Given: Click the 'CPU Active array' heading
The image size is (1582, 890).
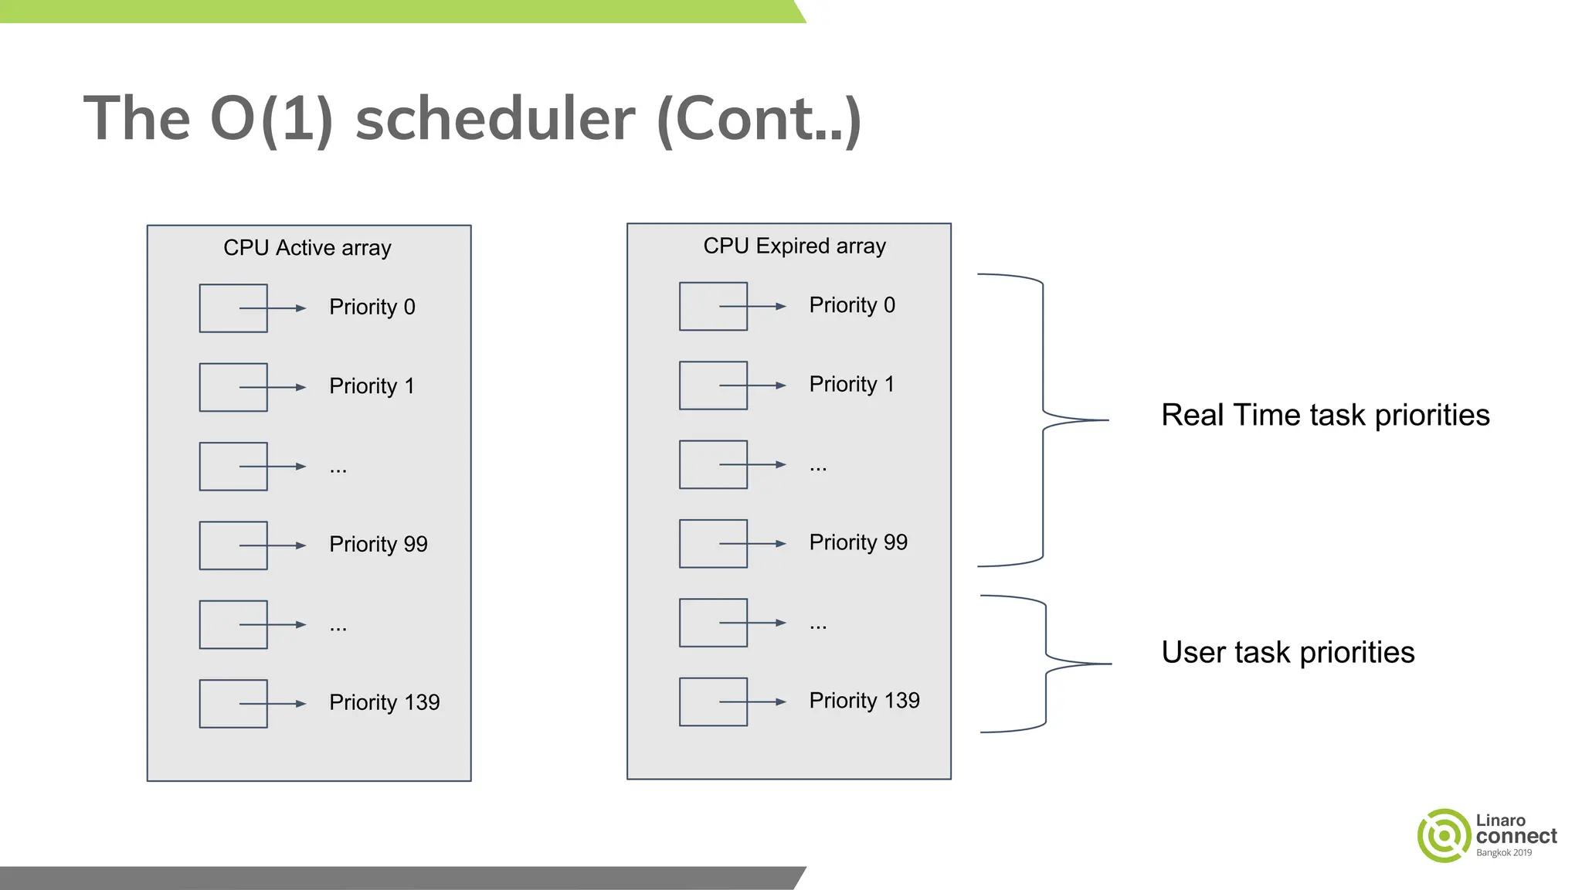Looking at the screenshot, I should tap(307, 248).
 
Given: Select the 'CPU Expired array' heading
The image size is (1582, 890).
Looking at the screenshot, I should tap(794, 246).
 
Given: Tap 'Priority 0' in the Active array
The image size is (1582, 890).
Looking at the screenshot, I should tap(372, 307).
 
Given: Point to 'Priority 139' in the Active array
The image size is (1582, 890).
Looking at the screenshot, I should tap(384, 702).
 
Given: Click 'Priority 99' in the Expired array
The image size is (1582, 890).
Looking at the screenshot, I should tap(857, 542).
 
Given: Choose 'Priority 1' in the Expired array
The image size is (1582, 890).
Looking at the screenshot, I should tap(851, 384).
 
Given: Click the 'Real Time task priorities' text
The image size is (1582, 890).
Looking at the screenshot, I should tap(1325, 416).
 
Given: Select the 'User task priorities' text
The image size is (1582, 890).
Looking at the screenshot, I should tap(1288, 653).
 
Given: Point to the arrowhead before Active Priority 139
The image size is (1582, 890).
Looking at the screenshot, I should tap(300, 704).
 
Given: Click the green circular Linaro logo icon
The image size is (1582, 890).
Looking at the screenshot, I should tap(1442, 835).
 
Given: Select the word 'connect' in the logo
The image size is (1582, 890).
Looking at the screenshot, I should tap(1516, 837).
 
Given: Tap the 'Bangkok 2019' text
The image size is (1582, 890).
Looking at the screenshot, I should tap(1503, 853).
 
